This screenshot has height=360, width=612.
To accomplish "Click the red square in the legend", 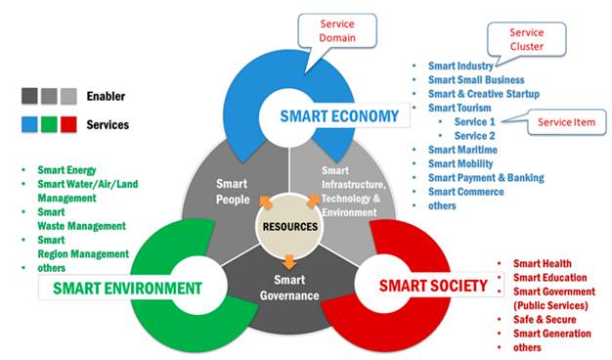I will pyautogui.click(x=67, y=124).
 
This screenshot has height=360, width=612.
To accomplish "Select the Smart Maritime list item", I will pyautogui.click(x=463, y=150).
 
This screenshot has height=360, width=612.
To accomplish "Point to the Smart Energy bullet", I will pyautogui.click(x=66, y=169).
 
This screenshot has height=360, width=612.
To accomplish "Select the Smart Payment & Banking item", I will pyautogui.click(x=486, y=178).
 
